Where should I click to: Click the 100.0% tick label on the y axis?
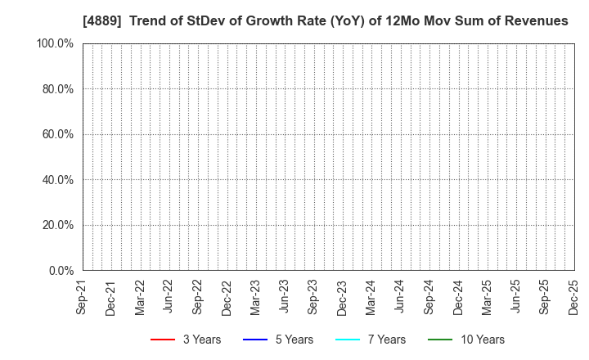click(55, 43)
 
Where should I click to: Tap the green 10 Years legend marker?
click(439, 340)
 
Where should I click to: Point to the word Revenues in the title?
click(537, 20)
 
